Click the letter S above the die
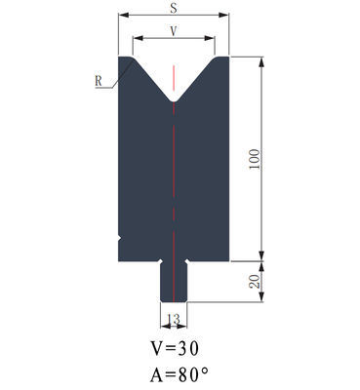(174, 8)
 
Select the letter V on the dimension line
(174, 30)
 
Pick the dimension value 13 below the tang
(174, 319)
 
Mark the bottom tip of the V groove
(174, 102)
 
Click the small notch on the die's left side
(119, 236)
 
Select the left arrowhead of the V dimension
(135, 39)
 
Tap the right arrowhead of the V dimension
(214, 39)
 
